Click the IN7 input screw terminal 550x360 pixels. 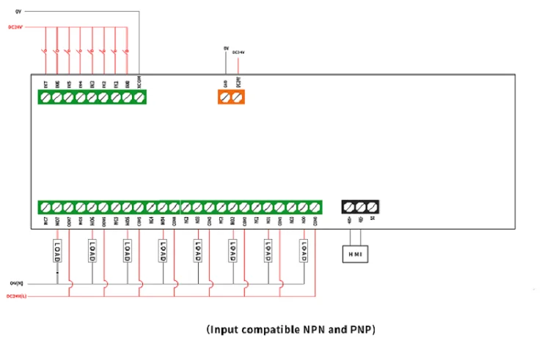pyautogui.click(x=46, y=97)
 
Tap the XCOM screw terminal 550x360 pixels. pyautogui.click(x=139, y=97)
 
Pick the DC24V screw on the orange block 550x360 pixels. pyautogui.click(x=237, y=97)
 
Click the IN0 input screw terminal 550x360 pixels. pyautogui.click(x=128, y=97)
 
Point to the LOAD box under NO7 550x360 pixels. pyautogui.click(x=56, y=251)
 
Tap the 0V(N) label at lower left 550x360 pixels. pyautogui.click(x=16, y=282)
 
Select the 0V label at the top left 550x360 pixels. pyautogui.click(x=18, y=12)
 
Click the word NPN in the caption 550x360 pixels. pyautogui.click(x=317, y=330)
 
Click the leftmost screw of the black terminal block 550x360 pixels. pyautogui.click(x=349, y=207)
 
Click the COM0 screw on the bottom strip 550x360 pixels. pyautogui.click(x=315, y=207)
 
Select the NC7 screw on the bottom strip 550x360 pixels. pyautogui.click(x=45, y=207)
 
